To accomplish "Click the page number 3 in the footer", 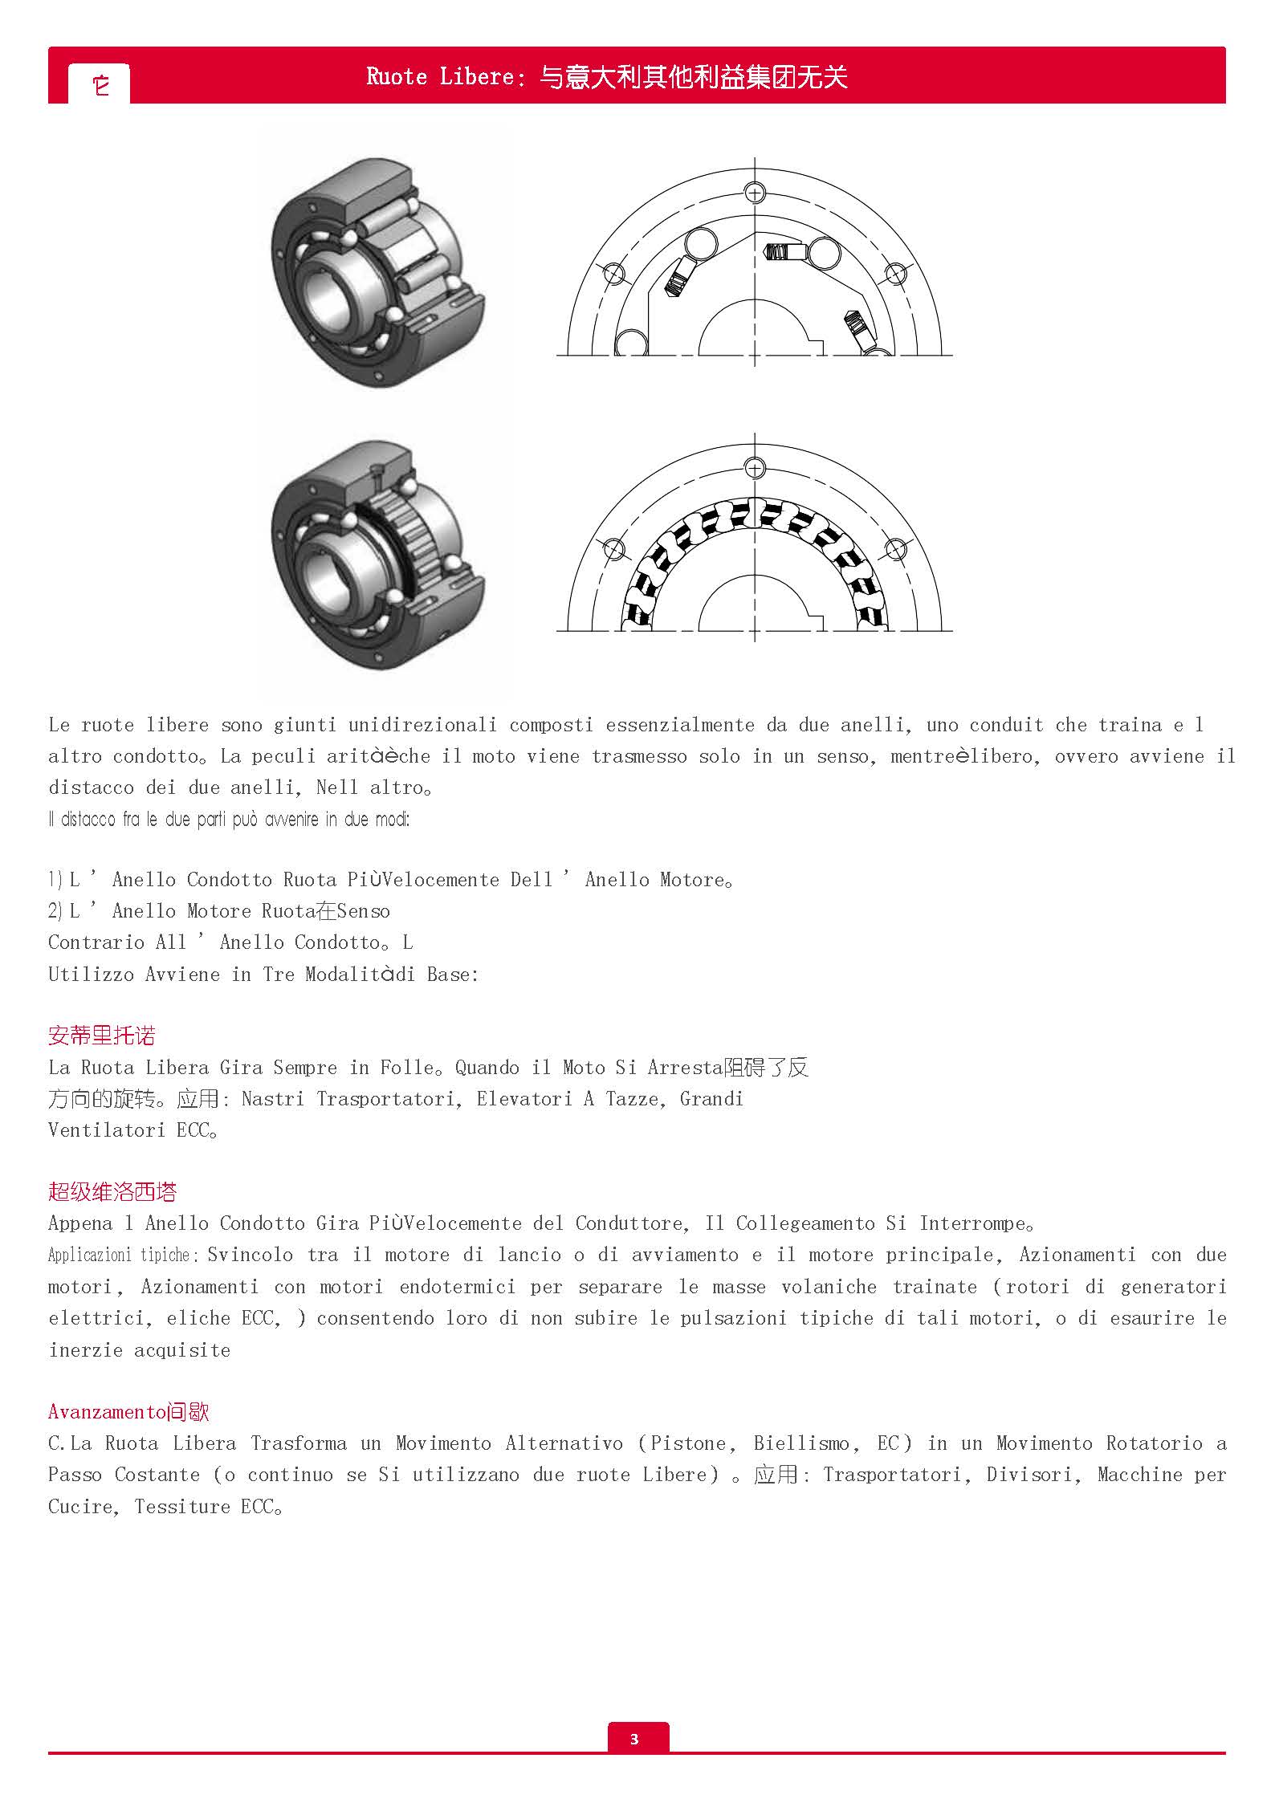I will [x=634, y=1739].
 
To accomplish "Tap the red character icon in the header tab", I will [x=100, y=84].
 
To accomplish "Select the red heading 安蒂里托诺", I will [x=101, y=1036].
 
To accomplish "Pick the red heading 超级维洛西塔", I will [x=112, y=1192].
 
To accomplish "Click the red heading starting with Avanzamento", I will [x=128, y=1412].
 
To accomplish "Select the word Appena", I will [x=80, y=1223].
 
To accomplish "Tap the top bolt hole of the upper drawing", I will [x=754, y=193].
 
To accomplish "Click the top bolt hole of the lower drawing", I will [x=754, y=467].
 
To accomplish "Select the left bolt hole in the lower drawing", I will [x=613, y=550].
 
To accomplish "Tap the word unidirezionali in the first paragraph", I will [x=422, y=725].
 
